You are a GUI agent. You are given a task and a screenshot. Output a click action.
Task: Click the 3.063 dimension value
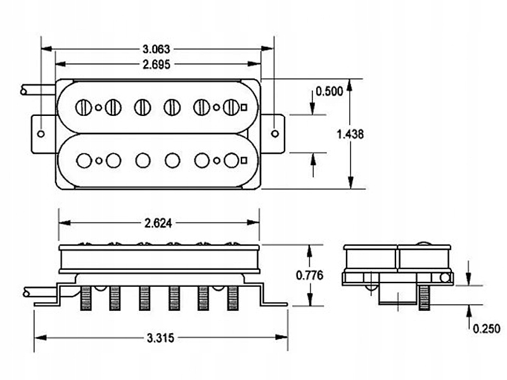(x=157, y=49)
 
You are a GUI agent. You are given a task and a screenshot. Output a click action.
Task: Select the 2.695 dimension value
(x=157, y=64)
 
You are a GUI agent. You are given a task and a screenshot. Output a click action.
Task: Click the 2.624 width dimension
(x=158, y=223)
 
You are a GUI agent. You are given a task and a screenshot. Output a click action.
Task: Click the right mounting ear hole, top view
(x=274, y=133)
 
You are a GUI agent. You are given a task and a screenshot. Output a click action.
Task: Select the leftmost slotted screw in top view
(x=83, y=107)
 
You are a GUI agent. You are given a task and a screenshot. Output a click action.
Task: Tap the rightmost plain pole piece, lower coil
(x=232, y=160)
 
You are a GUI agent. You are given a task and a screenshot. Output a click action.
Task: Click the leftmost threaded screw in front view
(x=86, y=298)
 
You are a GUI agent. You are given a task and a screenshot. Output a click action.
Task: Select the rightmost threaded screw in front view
(x=231, y=298)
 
